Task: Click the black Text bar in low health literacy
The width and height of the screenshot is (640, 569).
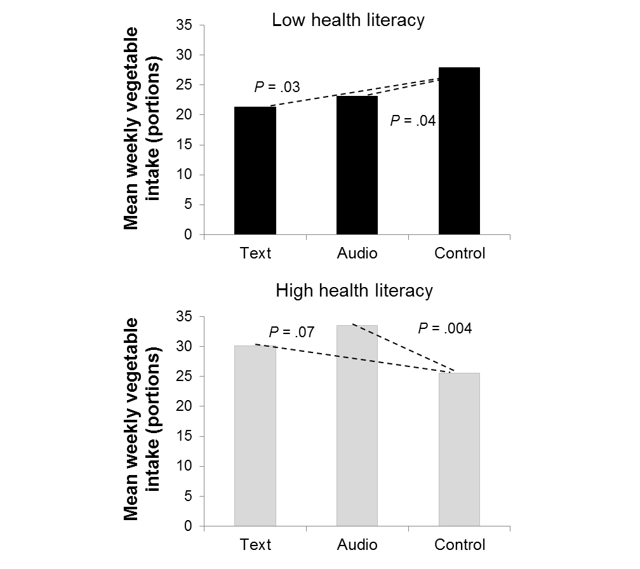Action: [x=255, y=171]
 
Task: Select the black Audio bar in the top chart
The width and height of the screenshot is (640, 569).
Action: [x=357, y=165]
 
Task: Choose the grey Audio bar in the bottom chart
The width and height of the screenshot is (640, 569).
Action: [x=357, y=425]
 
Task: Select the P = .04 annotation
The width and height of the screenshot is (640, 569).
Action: [x=413, y=121]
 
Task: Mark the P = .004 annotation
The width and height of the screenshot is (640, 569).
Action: [x=444, y=328]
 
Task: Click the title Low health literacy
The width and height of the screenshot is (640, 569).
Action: [x=348, y=20]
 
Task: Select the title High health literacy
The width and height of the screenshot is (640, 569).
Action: [x=354, y=291]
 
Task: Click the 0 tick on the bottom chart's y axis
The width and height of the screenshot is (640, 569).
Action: [x=188, y=527]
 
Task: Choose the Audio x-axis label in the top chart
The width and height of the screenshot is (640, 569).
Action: [x=357, y=254]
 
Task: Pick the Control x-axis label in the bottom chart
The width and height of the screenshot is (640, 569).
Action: [x=460, y=545]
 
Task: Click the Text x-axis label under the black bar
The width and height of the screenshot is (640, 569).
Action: [x=255, y=254]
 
